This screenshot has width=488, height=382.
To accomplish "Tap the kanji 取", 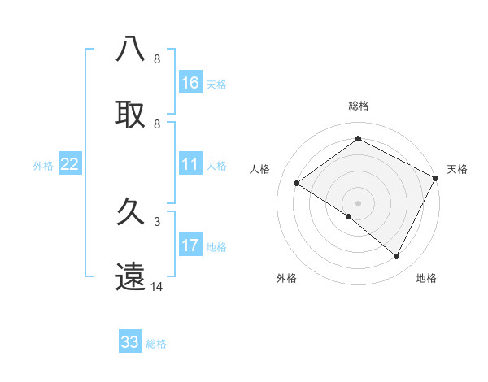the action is pos(131,114).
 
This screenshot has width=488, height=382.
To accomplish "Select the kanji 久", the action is pos(131,212).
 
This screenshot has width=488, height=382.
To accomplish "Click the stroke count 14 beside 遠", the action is pos(157,287).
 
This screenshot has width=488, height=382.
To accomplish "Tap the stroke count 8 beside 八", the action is pos(157,59).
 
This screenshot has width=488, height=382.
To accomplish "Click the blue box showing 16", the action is pos(190,83).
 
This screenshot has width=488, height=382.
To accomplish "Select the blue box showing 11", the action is pos(190,165).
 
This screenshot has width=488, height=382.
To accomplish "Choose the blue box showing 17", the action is pos(190,245).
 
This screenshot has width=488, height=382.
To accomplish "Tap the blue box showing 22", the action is pos(70,165).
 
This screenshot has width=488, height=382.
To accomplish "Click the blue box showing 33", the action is pos(130,342).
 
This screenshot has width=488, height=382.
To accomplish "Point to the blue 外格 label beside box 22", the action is pos(43,166).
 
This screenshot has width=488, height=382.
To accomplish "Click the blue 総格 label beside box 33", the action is pos(156,344).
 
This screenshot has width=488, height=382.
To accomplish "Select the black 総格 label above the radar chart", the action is pos(359,106).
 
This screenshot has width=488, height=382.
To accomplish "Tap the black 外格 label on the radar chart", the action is pos(286,278).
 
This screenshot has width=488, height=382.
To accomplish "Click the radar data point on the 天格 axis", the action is pos(436,178).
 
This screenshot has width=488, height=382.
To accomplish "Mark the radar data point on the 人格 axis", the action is pos(297,184).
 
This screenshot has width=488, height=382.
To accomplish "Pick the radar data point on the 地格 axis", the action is pos(397,257).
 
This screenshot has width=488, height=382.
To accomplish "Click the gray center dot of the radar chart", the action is pos(359,202).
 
